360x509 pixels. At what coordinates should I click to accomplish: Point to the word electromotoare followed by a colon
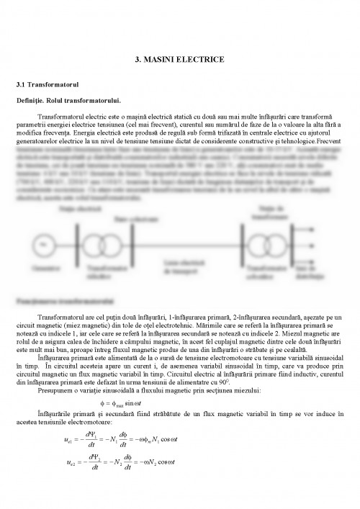coord(89,425)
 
